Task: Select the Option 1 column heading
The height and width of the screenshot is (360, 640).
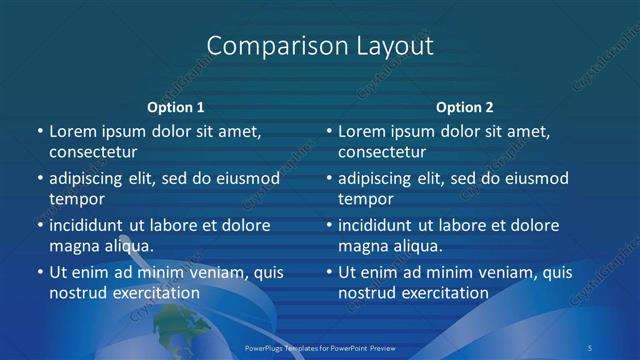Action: (176, 107)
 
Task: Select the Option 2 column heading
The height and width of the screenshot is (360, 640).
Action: (465, 107)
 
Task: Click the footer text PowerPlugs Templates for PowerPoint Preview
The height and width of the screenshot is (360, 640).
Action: (319, 347)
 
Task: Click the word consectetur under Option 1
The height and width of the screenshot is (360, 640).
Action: (93, 152)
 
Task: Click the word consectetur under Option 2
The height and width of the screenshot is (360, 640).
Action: (382, 152)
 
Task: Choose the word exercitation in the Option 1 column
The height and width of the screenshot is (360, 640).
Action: (155, 293)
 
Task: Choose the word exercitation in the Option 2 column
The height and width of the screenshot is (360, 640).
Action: (444, 293)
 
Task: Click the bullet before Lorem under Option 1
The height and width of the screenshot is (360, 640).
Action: (40, 131)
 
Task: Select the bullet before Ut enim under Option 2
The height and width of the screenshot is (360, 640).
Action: (329, 272)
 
